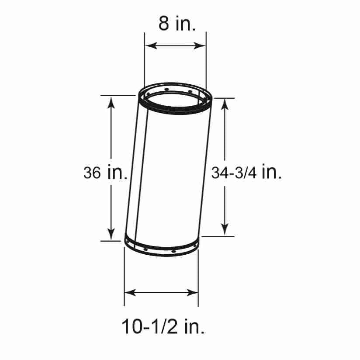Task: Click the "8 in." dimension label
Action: click(177, 24)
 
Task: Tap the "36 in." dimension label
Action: click(105, 173)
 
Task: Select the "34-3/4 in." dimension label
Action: click(246, 173)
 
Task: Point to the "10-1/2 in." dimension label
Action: click(163, 326)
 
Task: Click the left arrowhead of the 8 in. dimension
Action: click(151, 46)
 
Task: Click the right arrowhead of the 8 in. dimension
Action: click(200, 46)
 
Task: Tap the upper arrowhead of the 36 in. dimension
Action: click(111, 103)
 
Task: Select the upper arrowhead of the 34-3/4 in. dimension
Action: click(225, 105)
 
